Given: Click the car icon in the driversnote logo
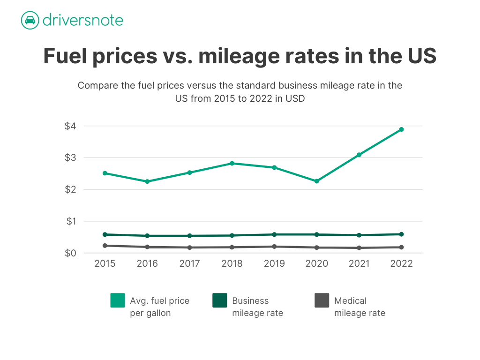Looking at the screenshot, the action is tap(30, 20).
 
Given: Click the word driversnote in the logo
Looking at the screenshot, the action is tap(83, 20).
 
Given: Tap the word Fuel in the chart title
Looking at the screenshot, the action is tap(66, 56).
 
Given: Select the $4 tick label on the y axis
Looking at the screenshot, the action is tap(70, 126).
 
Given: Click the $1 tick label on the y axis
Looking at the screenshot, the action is tap(71, 221).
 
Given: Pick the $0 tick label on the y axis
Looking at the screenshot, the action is tap(70, 253).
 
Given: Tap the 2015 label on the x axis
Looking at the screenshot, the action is tap(105, 263).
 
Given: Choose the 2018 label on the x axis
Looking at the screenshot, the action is tap(232, 263).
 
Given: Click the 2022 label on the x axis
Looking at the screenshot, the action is tap(401, 263).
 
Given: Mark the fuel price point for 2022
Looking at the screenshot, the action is tap(401, 129).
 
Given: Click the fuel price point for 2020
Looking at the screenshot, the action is tap(316, 181).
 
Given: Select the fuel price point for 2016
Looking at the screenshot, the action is tap(147, 181).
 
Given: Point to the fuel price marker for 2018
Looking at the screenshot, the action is tap(232, 164).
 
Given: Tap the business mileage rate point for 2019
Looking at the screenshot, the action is tap(274, 234).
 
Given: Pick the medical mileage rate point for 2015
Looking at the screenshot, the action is tap(105, 246).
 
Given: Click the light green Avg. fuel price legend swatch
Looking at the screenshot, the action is tap(118, 300).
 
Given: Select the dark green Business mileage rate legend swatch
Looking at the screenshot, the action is tap(220, 300).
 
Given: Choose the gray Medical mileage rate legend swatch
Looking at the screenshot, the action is tap(322, 300).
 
